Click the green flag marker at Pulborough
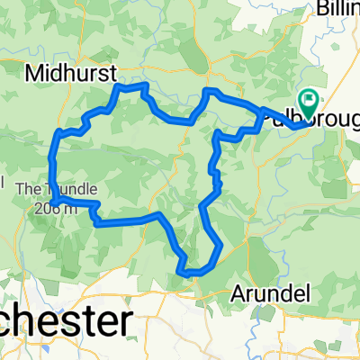(310, 101)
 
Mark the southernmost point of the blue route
(191, 272)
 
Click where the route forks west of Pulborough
(263, 115)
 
